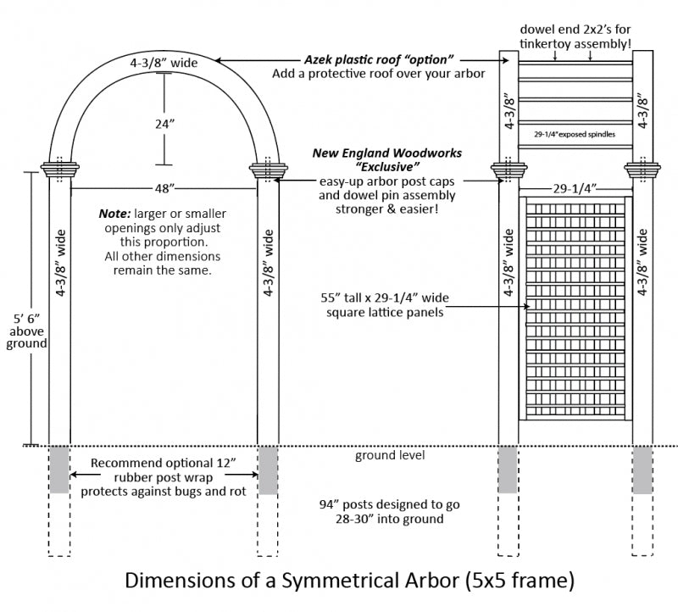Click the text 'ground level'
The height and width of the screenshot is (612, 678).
[x=390, y=456]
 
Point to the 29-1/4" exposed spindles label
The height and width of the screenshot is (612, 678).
[x=575, y=134]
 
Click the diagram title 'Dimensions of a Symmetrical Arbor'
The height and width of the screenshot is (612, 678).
[x=350, y=581]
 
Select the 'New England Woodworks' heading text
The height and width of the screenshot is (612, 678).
[x=387, y=153]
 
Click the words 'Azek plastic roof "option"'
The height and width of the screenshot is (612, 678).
[x=380, y=59]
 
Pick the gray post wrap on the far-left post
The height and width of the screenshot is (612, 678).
[x=59, y=469]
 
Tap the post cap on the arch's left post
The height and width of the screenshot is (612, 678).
[x=59, y=168]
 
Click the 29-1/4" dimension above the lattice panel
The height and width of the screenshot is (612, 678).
[x=576, y=187]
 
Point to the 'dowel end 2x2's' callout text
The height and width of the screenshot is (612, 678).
[x=575, y=30]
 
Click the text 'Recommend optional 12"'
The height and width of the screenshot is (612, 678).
[x=163, y=463]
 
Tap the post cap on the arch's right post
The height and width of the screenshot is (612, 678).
[x=269, y=168]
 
